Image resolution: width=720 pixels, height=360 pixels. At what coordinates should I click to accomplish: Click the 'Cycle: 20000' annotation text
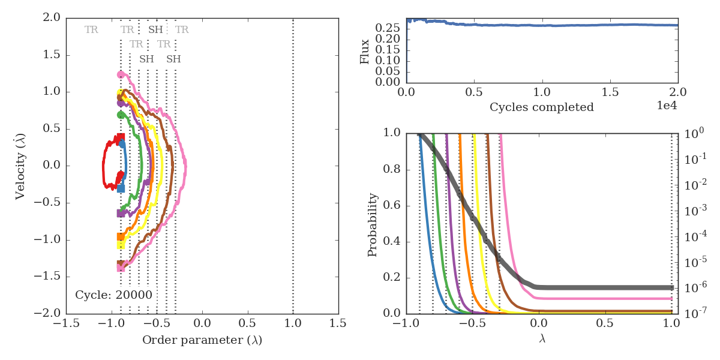click(113, 295)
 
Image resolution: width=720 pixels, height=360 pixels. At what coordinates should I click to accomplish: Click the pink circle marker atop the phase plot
click(121, 74)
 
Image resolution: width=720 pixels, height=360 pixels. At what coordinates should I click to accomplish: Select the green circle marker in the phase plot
click(121, 115)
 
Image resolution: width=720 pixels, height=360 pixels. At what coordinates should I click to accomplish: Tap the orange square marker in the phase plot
click(121, 237)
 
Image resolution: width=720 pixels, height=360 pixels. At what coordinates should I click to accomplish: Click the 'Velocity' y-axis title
click(20, 165)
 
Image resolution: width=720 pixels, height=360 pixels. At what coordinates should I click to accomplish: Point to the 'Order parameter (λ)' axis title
click(202, 340)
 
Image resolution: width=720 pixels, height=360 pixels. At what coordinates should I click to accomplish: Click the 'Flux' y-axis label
click(365, 51)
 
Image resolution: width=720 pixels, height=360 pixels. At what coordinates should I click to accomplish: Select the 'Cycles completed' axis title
click(542, 107)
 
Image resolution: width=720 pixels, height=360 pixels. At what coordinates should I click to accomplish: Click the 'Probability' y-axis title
click(373, 224)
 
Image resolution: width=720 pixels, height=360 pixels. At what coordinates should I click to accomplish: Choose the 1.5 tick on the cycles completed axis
click(610, 94)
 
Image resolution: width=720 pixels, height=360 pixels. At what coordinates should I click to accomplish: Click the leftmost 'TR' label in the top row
click(91, 29)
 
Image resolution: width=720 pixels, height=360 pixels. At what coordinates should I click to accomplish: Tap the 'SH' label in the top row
click(155, 29)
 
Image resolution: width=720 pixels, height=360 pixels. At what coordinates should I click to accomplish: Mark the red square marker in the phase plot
click(121, 137)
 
